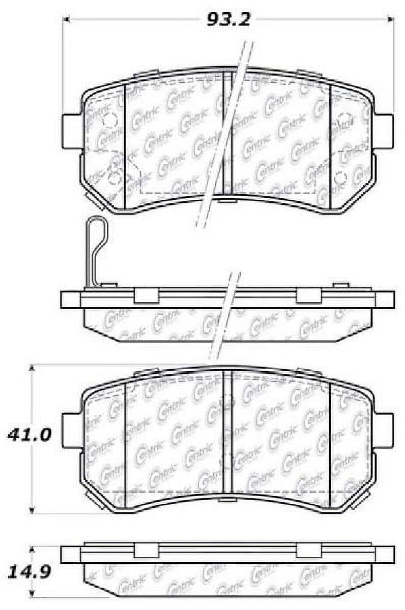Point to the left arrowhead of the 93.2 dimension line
(67, 20)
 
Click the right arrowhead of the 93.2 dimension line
(391, 20)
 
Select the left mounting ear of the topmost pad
(71, 131)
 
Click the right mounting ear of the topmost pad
(384, 131)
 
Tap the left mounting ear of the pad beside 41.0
(71, 430)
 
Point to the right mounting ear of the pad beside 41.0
(384, 430)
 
